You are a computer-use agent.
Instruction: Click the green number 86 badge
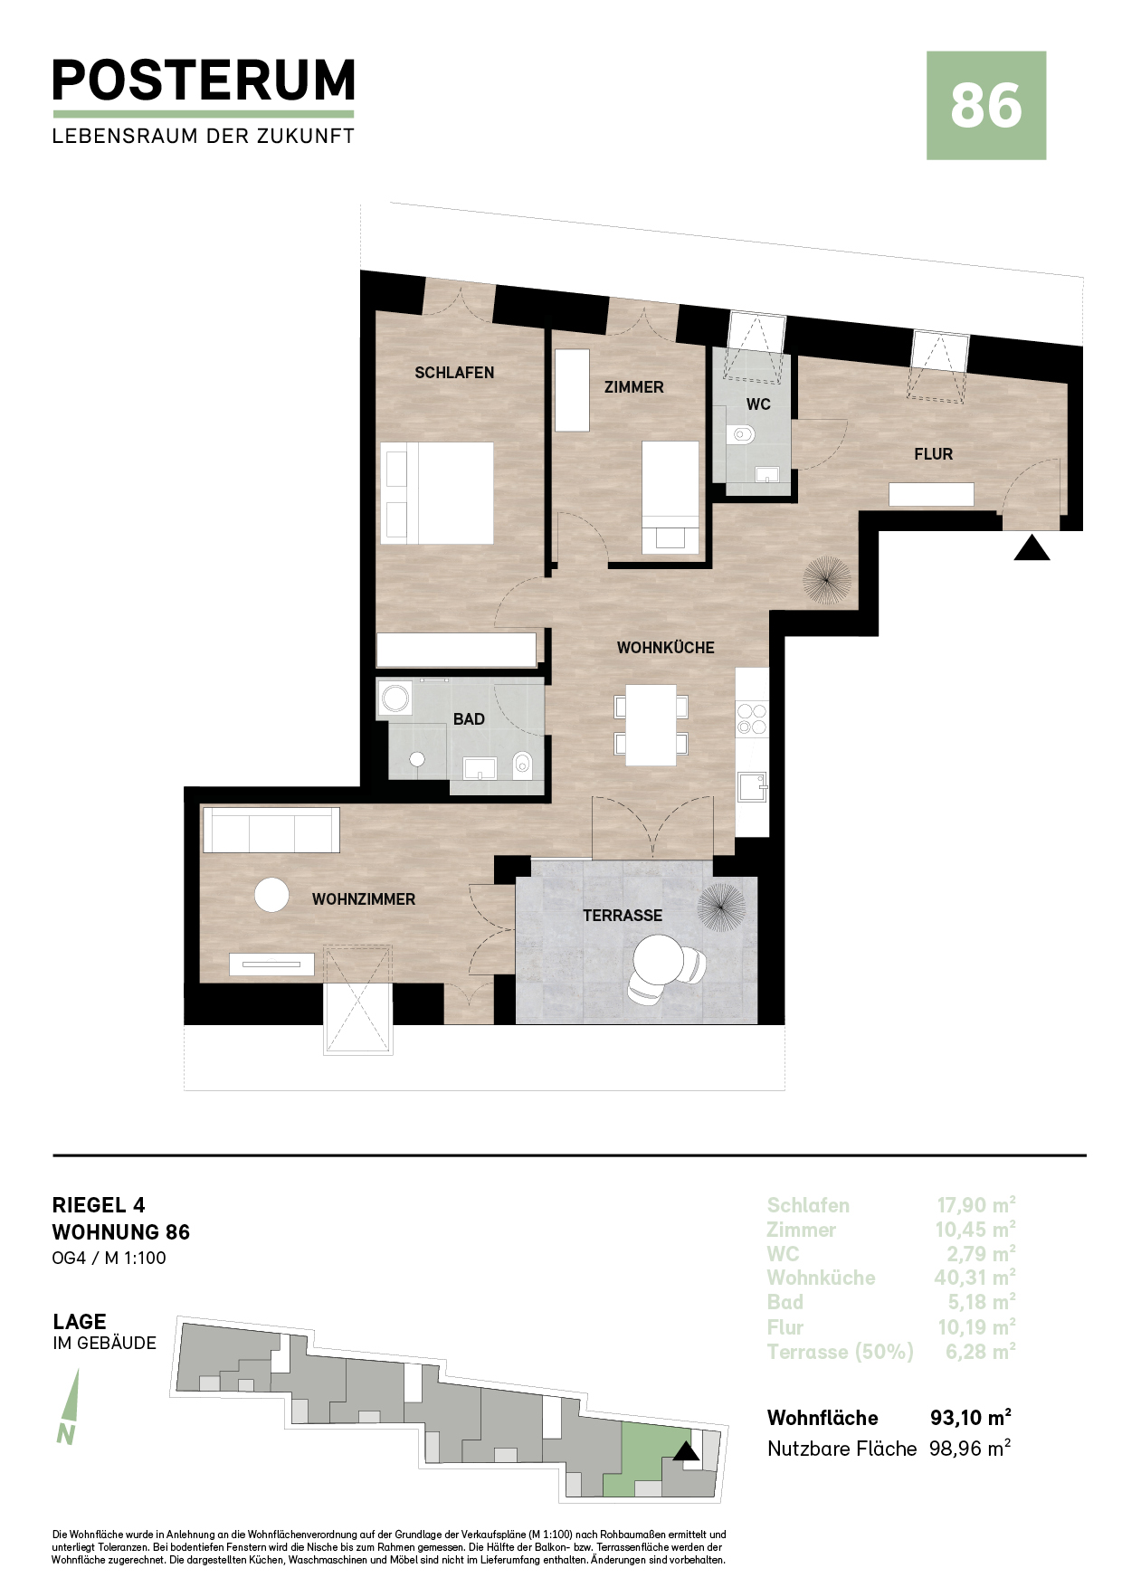pos(986,106)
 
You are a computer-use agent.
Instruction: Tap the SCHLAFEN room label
pos(454,373)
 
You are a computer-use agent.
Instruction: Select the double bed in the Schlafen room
pos(437,493)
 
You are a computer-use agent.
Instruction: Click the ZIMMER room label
pos(634,387)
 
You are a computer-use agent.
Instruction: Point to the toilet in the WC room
pos(742,435)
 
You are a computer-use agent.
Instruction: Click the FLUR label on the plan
pos(933,454)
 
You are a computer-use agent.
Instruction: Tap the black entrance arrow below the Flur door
pos(1032,548)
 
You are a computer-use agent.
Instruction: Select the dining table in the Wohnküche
pos(651,725)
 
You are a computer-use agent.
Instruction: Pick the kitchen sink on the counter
pos(752,787)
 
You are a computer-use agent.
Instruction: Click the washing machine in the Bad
pos(395,698)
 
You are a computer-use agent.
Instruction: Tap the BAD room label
pos(469,719)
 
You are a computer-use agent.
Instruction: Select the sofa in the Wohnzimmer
pos(271,830)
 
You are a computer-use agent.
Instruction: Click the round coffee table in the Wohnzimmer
pos(271,895)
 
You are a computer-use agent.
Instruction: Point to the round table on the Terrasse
pos(659,960)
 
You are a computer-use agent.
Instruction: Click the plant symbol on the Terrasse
pos(721,907)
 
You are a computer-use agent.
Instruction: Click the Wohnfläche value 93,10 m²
pos(971,1417)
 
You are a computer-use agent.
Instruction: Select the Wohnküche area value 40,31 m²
pos(975,1278)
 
